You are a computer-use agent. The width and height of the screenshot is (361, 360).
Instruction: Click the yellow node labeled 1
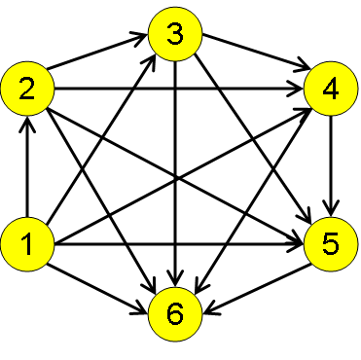(x=26, y=243)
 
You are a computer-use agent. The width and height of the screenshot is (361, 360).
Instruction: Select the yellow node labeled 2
(x=26, y=90)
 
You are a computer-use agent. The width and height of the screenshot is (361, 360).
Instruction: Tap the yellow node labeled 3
(x=174, y=36)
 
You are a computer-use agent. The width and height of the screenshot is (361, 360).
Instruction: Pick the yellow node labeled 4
(x=332, y=90)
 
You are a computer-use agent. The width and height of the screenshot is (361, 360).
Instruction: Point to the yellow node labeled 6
(x=174, y=313)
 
